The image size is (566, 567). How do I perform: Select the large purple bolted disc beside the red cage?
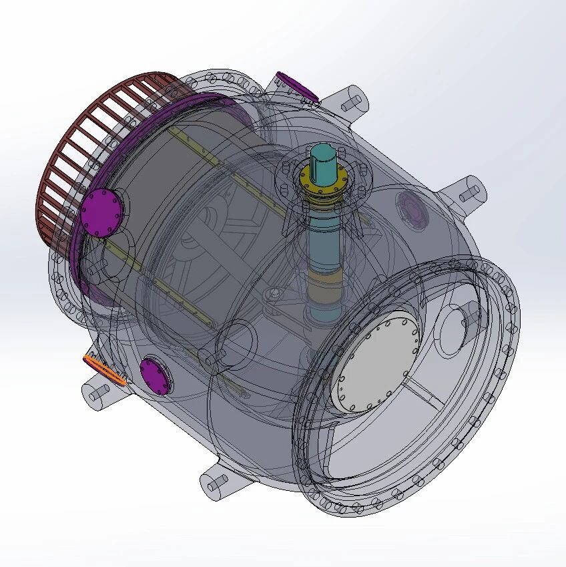(103, 212)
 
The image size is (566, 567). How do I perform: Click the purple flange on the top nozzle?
(296, 85)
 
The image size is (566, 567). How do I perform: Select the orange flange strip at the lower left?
(105, 369)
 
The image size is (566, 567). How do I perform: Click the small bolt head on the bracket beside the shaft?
(274, 294)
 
